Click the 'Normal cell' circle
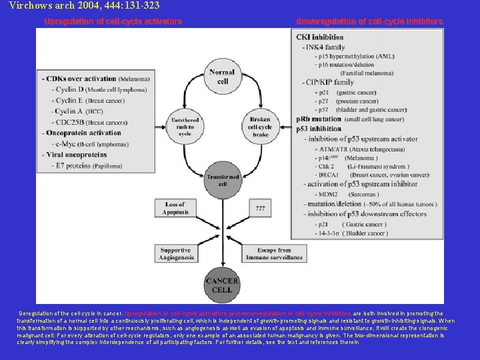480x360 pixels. pos(221,77)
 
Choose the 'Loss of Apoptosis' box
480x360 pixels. pos(175,208)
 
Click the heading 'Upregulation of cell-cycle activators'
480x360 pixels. pos(113,22)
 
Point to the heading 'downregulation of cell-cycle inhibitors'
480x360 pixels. pos(369,22)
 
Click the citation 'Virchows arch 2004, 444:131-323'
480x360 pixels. pos(75,5)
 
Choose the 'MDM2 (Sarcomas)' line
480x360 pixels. pos(347,194)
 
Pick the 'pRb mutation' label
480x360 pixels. pos(319,119)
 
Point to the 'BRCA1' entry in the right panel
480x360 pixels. pos(330,175)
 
